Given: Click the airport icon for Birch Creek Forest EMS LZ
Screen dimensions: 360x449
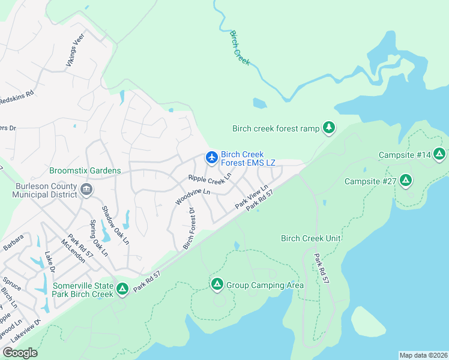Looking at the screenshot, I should pyautogui.click(x=211, y=158).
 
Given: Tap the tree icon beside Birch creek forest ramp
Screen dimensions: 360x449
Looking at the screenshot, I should pyautogui.click(x=328, y=127).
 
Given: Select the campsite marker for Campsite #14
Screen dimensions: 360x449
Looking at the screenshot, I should pyautogui.click(x=440, y=155).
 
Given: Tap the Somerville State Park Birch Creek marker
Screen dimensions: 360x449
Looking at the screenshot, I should pyautogui.click(x=122, y=290).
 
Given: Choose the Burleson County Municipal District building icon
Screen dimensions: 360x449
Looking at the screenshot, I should pyautogui.click(x=86, y=190).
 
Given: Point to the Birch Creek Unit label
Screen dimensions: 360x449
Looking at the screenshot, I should pyautogui.click(x=310, y=238).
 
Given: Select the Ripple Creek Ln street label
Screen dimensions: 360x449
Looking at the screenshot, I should pyautogui.click(x=209, y=179).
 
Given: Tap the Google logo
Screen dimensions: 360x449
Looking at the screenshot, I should pyautogui.click(x=20, y=353).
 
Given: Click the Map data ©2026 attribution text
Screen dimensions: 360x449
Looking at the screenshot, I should pyautogui.click(x=423, y=355).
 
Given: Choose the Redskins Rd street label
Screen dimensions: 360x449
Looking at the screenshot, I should pyautogui.click(x=17, y=97).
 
